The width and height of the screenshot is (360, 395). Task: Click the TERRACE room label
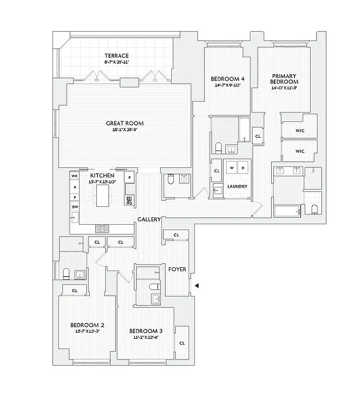116,56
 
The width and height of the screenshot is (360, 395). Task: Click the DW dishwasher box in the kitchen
75,207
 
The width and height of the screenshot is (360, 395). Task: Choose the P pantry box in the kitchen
129,177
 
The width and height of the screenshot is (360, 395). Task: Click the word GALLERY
148,219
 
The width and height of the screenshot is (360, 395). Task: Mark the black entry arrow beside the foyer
197,285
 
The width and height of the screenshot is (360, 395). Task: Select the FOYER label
177,270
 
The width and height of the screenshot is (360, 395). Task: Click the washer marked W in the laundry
231,168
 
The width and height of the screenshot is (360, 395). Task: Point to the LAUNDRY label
237,187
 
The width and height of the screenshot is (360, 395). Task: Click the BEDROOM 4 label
228,79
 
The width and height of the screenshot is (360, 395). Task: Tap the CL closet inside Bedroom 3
182,342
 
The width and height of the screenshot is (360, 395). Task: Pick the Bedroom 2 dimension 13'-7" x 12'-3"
87,332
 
